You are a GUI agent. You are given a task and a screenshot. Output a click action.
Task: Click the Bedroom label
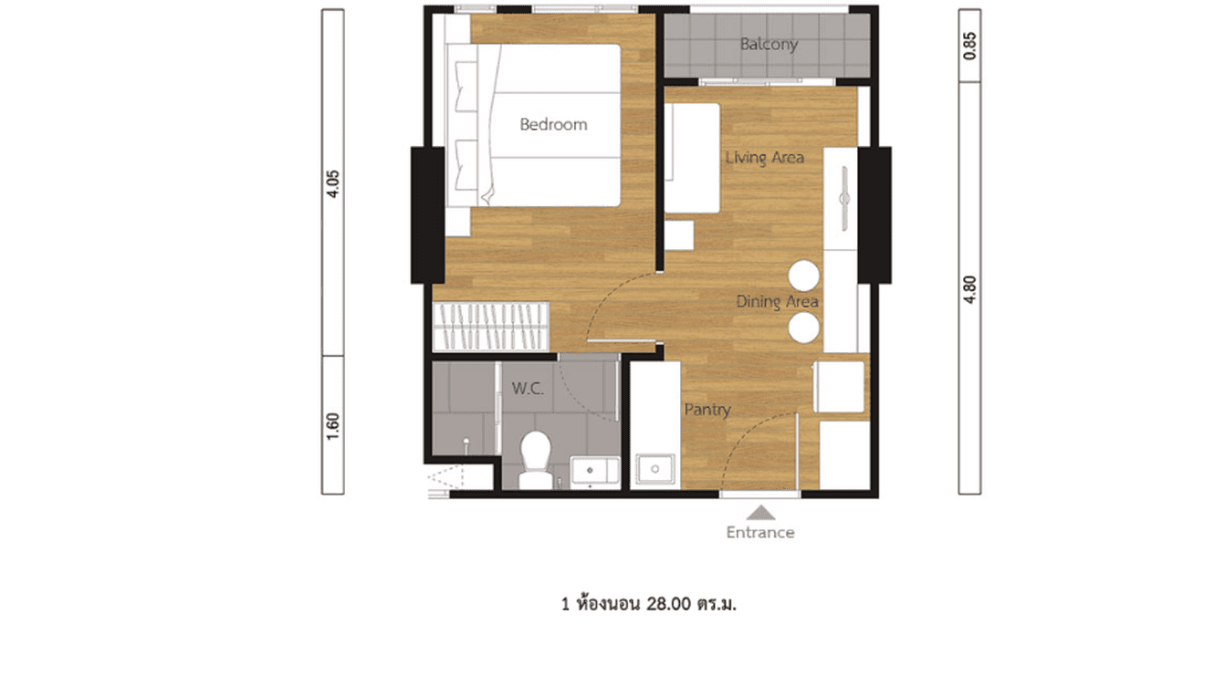[x=553, y=125]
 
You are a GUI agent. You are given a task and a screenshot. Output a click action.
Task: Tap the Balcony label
[x=769, y=44]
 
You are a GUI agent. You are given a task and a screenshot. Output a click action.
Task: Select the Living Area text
[x=764, y=158]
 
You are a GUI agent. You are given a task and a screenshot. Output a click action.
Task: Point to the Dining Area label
[x=777, y=301]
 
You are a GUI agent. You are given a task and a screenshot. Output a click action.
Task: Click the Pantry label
[x=707, y=410]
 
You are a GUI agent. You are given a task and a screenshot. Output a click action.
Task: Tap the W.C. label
[x=528, y=389]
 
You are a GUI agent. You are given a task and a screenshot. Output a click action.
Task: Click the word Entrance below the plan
[x=759, y=532]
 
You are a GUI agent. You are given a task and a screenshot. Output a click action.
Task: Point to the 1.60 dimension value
[x=333, y=425]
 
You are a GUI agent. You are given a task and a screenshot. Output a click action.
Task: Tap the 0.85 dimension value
[x=969, y=45]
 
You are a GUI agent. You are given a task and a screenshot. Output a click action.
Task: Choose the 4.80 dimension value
[x=969, y=289]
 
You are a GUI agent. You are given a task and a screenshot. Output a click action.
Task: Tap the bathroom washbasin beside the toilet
[x=593, y=471]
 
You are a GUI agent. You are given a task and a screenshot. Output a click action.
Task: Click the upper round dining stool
[x=804, y=275]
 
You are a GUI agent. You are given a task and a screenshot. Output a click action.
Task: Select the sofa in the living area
[x=690, y=158]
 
